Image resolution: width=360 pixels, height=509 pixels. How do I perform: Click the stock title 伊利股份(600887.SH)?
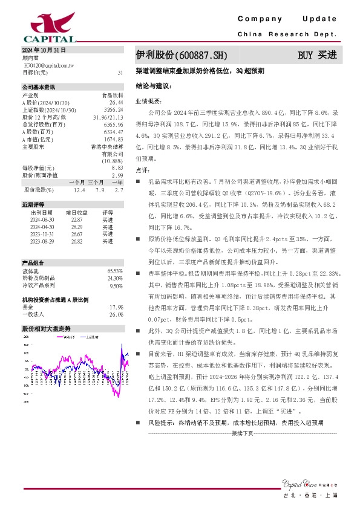(180, 55)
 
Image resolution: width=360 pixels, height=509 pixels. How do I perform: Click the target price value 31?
(120, 73)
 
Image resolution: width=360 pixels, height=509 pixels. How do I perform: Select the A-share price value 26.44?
(117, 103)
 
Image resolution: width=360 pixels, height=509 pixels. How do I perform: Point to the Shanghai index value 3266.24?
(114, 110)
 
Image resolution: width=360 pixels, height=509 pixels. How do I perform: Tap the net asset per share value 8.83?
(117, 167)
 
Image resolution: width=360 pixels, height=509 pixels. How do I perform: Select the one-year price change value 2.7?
(119, 190)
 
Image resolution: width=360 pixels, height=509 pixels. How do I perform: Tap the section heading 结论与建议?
(154, 86)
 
